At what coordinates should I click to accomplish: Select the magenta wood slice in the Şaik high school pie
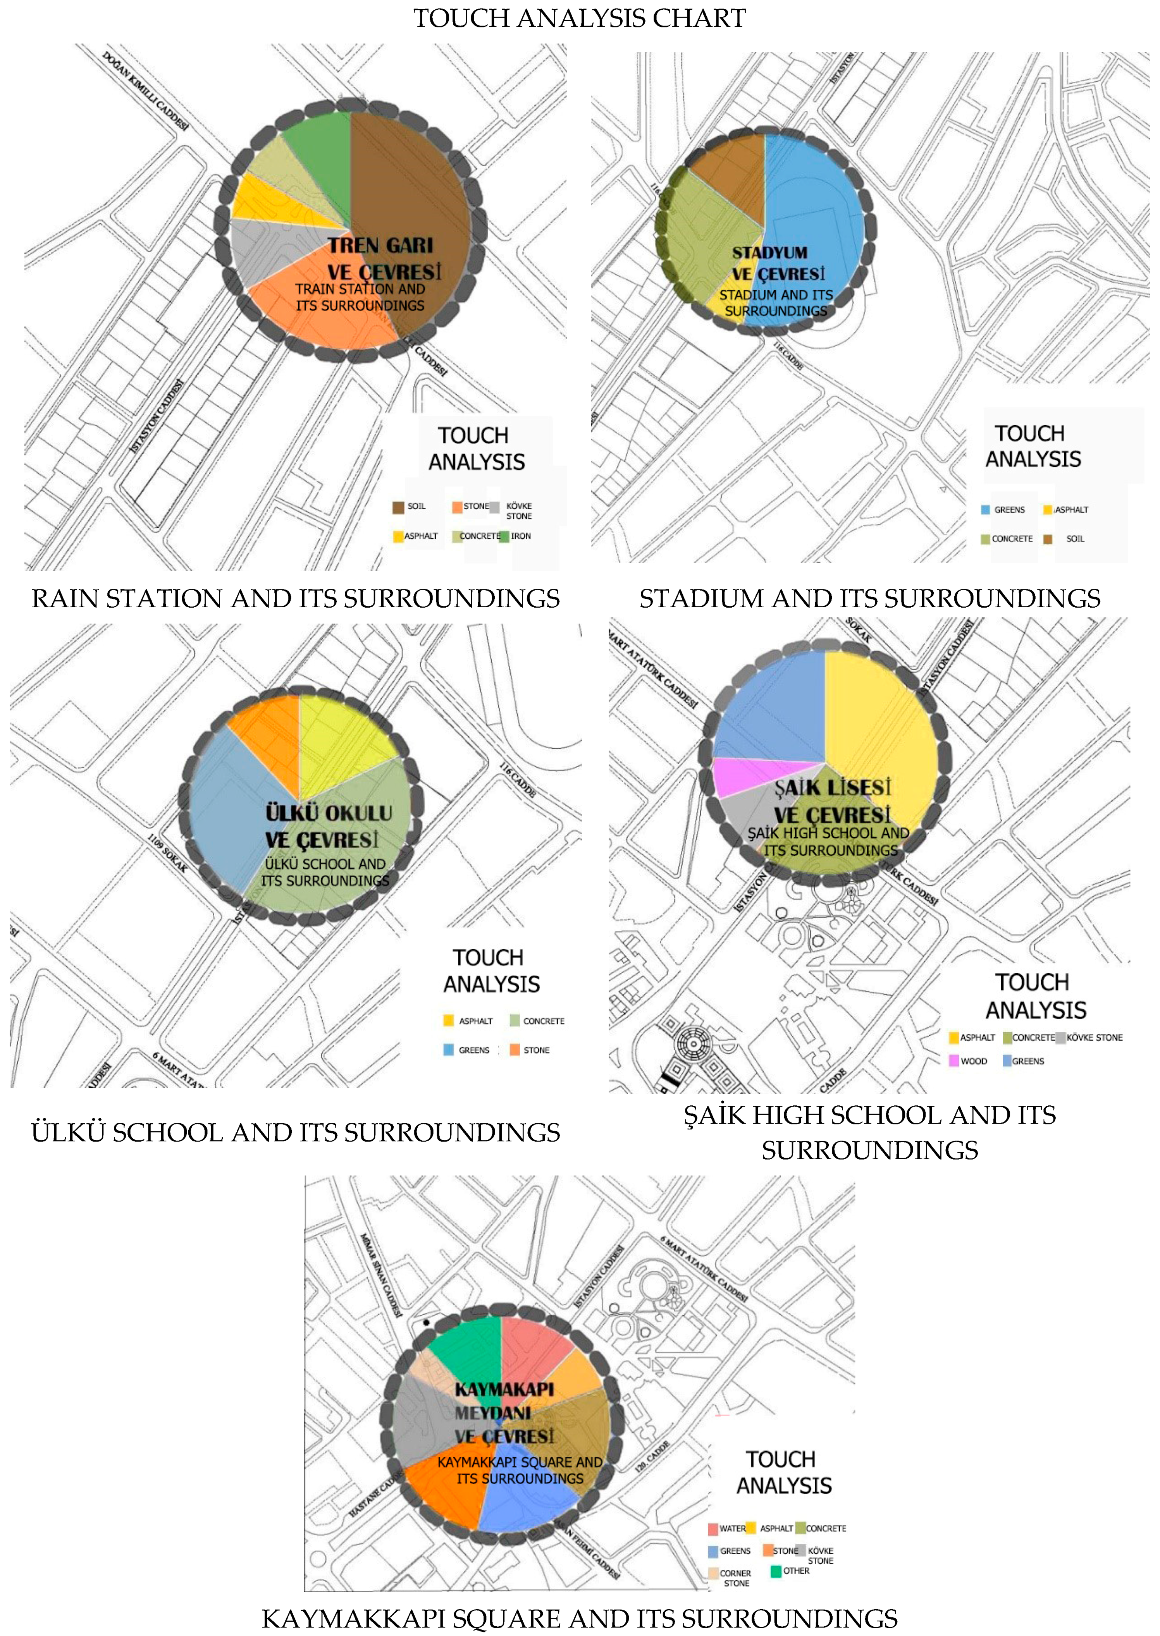(747, 775)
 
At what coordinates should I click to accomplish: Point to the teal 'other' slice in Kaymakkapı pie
(468, 1350)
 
